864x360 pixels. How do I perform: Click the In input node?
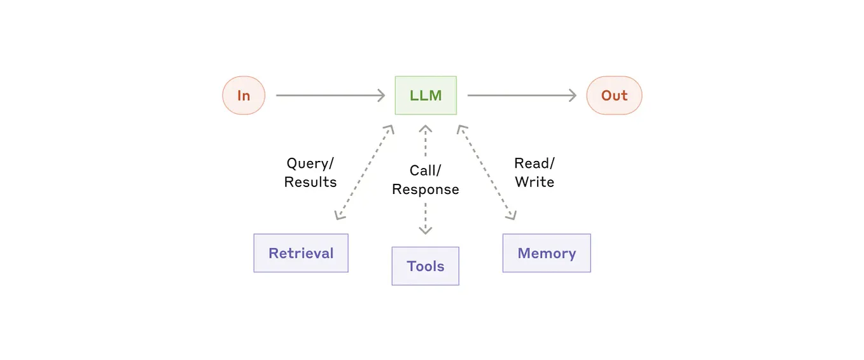pos(244,95)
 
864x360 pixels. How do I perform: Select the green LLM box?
pos(426,95)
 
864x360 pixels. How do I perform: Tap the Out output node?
pos(614,95)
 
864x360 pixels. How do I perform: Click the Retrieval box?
pos(301,253)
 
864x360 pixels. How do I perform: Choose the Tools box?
pos(425,266)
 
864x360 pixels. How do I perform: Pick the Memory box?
pos(547,253)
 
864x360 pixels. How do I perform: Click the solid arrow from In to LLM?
pos(328,95)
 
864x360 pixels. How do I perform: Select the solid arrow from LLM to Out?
pos(519,95)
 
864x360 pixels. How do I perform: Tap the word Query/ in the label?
pos(310,163)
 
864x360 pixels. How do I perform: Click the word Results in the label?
pos(310,182)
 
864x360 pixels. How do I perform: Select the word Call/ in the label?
pos(425,170)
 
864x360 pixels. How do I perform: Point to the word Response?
pos(425,190)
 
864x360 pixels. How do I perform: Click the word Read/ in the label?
pos(534,163)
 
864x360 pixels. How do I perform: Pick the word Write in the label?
pos(534,182)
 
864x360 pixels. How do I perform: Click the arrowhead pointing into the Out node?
pos(572,95)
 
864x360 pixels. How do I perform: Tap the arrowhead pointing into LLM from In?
pos(381,95)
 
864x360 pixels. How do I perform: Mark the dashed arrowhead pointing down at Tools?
pos(425,230)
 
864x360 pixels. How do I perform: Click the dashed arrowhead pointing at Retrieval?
pos(340,215)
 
